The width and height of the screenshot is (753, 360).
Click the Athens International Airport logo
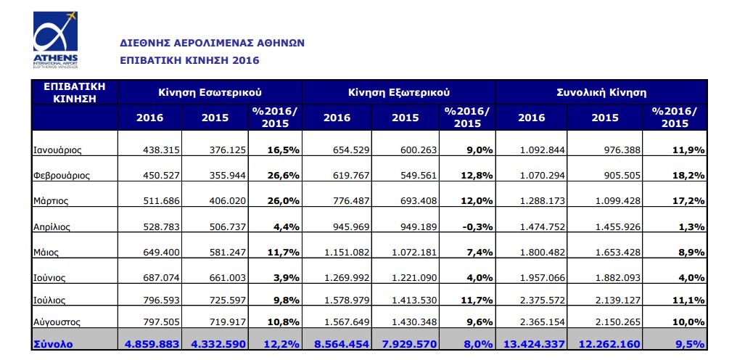coord(55,39)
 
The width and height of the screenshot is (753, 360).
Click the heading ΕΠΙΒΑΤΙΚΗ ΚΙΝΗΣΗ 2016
coord(189,60)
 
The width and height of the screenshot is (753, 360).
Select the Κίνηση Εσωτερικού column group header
coord(210,91)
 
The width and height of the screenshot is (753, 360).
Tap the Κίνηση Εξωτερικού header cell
coord(398,91)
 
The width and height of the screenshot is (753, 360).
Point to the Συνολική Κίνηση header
coord(601,91)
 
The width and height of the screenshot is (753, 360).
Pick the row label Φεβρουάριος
coord(61,176)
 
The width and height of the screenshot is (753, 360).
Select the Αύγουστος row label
coord(56,322)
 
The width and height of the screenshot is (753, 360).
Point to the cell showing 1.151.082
coord(346,252)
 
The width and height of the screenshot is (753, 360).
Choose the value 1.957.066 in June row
coord(541,278)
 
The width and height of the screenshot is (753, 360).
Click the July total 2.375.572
coord(541,300)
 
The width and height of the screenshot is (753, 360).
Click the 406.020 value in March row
coord(228,201)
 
